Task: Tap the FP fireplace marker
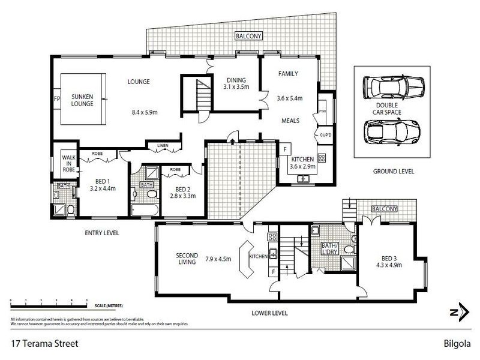[x=56, y=98]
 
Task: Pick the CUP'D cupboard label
[x=326, y=135]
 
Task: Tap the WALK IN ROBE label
[x=68, y=164]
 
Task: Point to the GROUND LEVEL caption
[x=393, y=172]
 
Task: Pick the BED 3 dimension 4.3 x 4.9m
[x=388, y=264]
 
